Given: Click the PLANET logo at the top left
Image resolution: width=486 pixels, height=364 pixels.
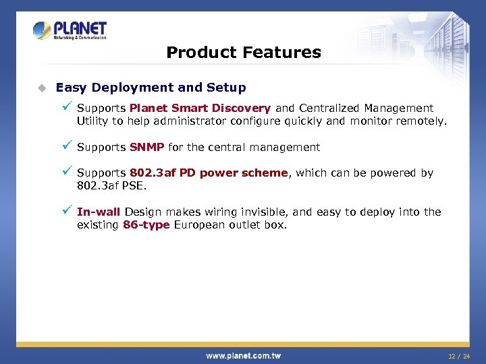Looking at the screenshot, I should (70, 31).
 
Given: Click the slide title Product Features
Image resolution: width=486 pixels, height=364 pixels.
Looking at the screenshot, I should (243, 52).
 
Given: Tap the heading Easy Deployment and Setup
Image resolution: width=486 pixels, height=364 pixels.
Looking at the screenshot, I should (151, 88).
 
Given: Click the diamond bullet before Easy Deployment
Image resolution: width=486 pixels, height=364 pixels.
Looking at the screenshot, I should (41, 88).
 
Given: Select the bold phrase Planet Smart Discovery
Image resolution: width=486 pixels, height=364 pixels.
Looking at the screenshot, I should (200, 108).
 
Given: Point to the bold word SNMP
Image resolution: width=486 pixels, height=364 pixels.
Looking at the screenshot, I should (146, 147).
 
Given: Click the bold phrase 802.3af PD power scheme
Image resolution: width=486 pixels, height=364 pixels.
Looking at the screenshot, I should (209, 173).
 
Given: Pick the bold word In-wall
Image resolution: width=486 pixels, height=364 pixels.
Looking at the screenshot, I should (99, 212).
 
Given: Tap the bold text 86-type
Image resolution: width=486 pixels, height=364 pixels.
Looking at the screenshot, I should (146, 224).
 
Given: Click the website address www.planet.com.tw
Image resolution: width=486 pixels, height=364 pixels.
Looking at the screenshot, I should (243, 355).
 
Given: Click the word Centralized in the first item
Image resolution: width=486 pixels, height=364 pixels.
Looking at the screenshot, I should (329, 108).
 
